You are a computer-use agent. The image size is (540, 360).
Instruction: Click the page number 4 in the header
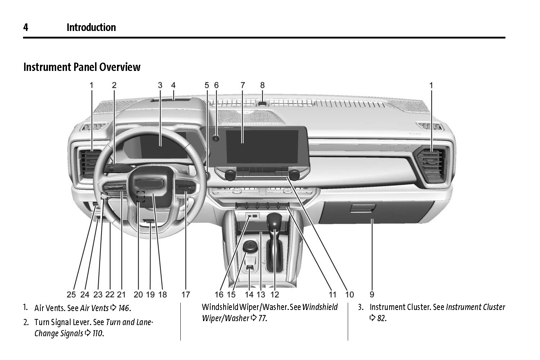[26, 27]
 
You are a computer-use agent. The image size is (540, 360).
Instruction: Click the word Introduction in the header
[91, 27]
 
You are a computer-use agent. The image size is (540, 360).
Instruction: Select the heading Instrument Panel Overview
[82, 67]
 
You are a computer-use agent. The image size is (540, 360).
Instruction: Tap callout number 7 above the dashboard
[243, 85]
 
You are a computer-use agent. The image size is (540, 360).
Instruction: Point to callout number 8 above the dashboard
[262, 85]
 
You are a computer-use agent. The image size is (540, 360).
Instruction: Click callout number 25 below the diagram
[71, 294]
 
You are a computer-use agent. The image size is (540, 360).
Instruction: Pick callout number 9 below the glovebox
[372, 294]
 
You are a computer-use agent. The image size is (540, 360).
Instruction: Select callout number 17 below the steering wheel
[185, 294]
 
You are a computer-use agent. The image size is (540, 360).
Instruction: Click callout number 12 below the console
[275, 294]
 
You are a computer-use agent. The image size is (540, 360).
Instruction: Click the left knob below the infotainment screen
[230, 175]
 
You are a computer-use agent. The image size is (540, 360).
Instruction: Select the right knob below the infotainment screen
[294, 175]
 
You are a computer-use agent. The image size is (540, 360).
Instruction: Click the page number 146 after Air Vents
[124, 308]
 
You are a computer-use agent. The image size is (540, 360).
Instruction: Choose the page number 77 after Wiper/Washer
[262, 318]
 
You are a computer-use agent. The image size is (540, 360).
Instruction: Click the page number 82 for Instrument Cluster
[382, 318]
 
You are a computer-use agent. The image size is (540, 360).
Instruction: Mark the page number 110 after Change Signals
[98, 333]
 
